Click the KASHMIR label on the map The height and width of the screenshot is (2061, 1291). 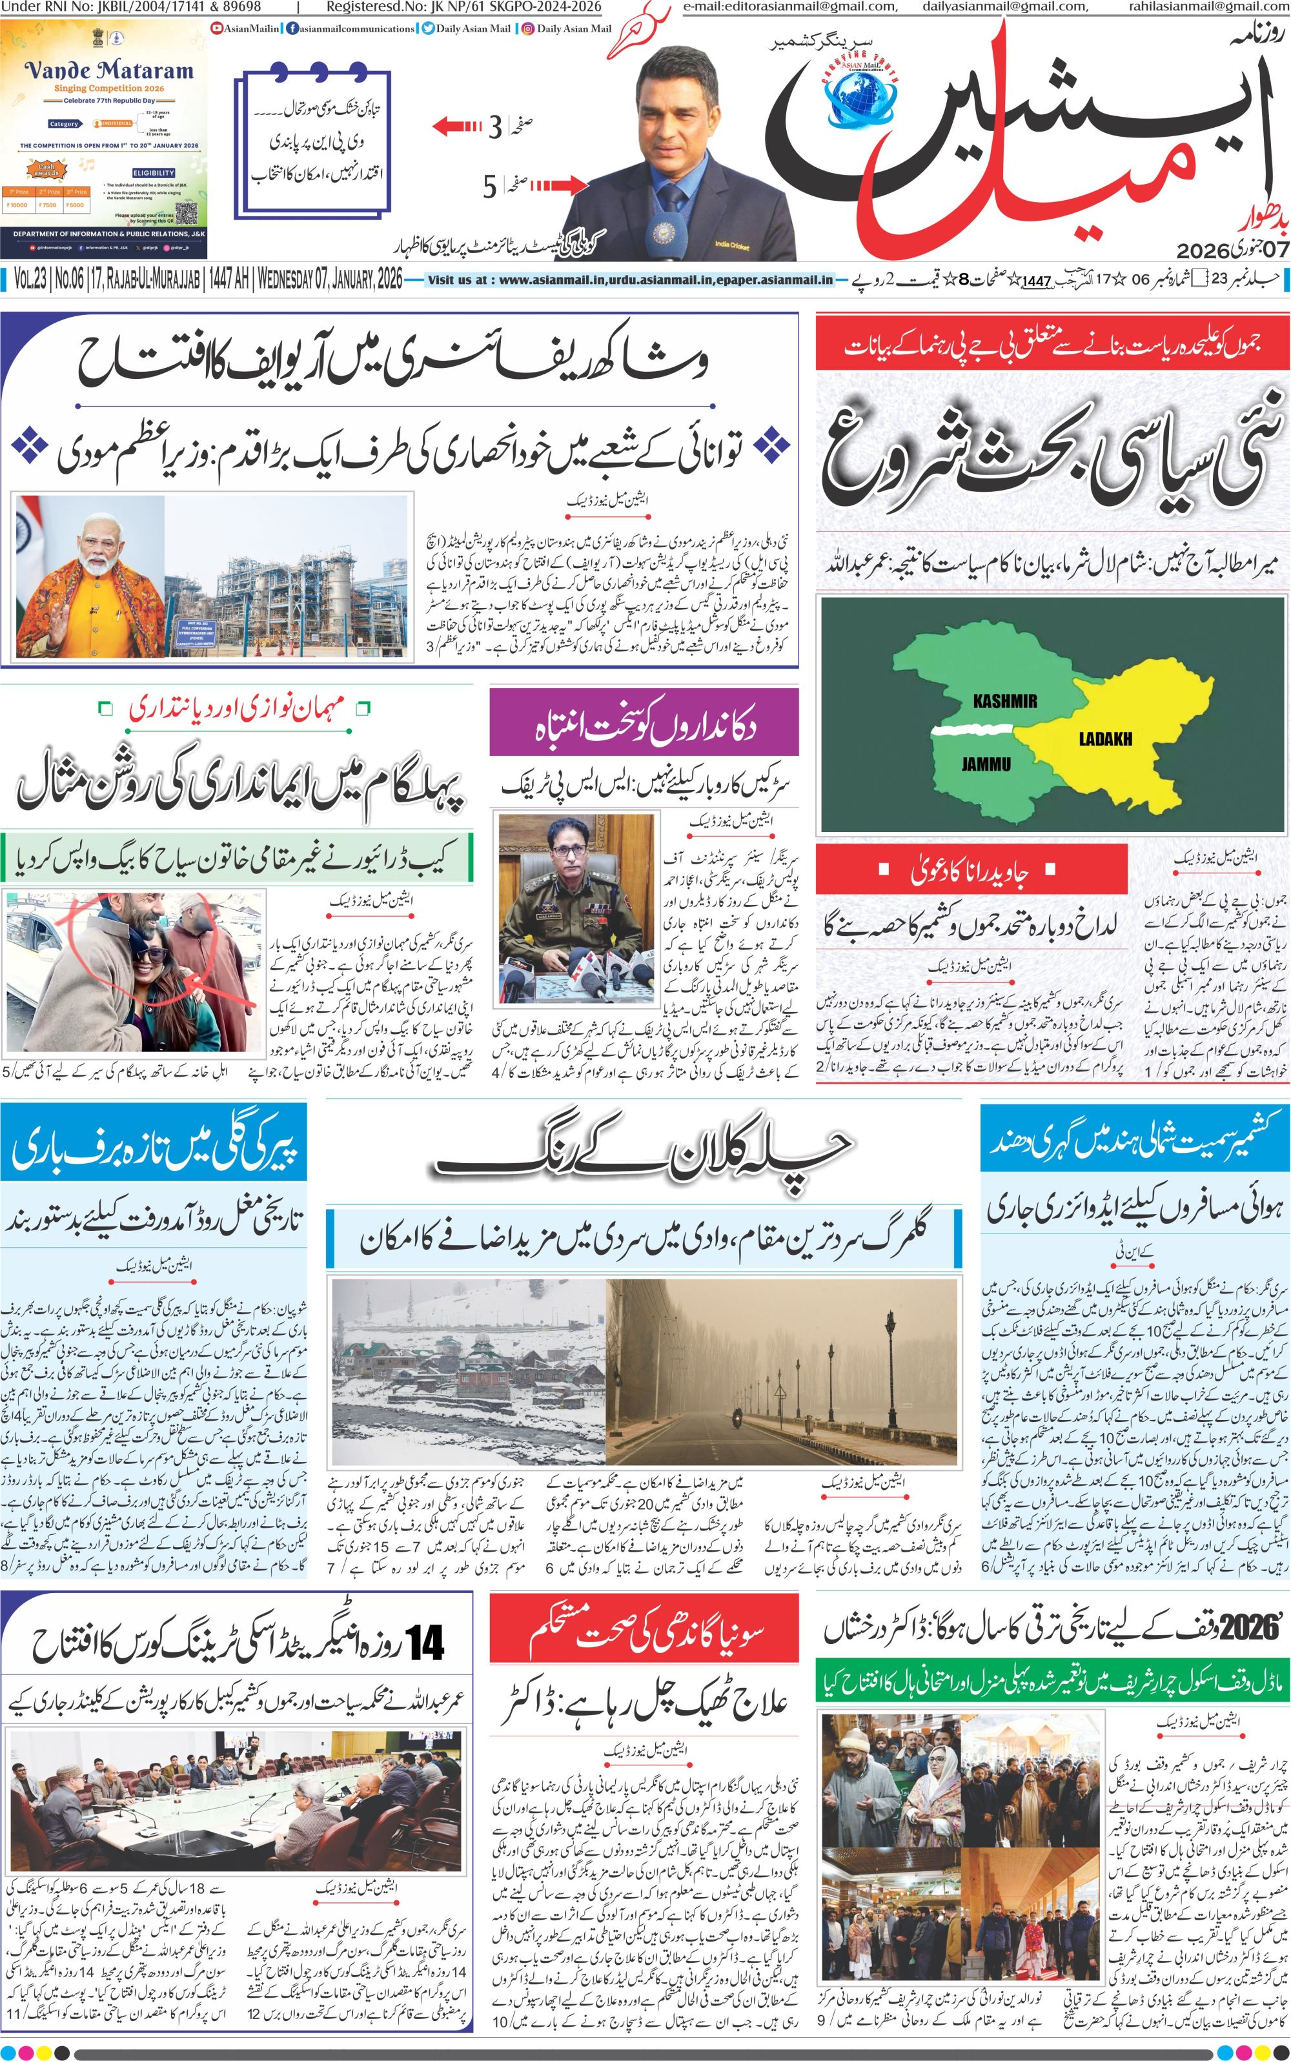point(1005,701)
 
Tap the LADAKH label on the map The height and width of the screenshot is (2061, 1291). point(1105,738)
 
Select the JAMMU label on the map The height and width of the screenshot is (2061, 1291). point(986,763)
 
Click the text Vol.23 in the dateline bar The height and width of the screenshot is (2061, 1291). point(31,279)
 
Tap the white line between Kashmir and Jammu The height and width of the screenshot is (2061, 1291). point(971,730)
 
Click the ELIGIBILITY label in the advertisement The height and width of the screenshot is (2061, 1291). point(154,172)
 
